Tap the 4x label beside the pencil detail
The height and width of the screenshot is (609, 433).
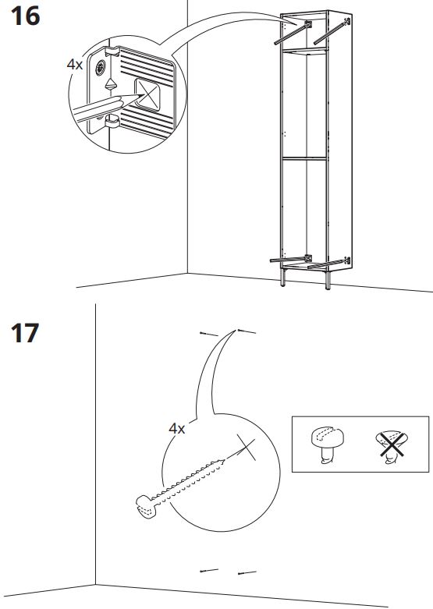pos(75,65)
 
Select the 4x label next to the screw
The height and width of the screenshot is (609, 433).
pos(177,428)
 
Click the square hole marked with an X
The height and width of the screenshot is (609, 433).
pos(151,94)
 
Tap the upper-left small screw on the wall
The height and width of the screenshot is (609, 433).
pos(206,334)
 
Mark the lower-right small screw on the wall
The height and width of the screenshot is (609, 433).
pos(247,573)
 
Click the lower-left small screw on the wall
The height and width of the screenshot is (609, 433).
pos(206,569)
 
